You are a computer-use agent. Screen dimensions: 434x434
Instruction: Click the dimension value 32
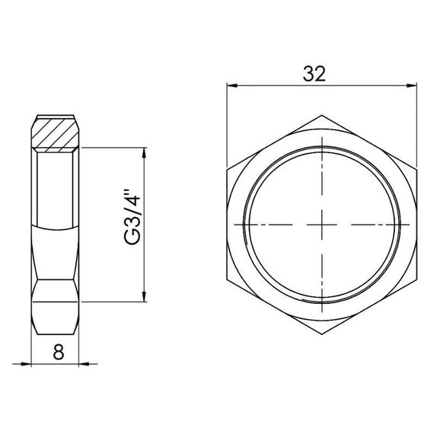point(314,74)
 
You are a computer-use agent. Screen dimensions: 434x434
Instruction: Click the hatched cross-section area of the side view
point(56,134)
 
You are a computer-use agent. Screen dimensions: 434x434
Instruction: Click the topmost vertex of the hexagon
point(324,115)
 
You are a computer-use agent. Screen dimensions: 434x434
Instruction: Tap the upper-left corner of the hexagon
point(228,170)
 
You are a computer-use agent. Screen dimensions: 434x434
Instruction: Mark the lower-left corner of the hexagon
point(228,279)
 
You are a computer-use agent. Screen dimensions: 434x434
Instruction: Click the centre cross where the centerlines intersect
point(324,225)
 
